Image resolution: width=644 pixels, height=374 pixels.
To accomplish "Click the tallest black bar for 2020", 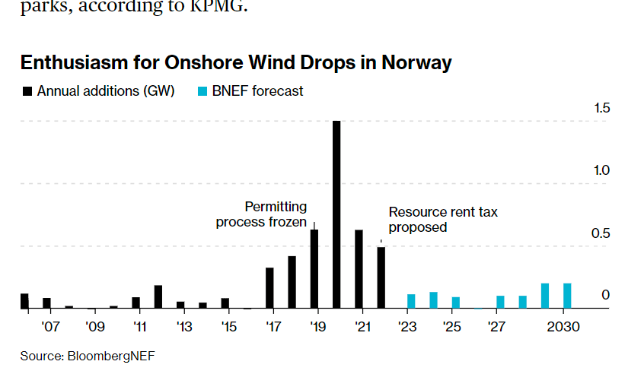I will click(336, 214).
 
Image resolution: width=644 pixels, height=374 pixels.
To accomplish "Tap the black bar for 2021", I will click(359, 269).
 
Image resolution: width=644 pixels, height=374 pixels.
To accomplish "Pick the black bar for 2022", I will click(381, 277).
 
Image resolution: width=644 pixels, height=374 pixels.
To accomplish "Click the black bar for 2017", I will click(269, 288).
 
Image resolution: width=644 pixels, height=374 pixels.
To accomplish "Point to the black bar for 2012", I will click(158, 296).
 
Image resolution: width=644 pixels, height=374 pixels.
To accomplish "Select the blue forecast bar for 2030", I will click(566, 296).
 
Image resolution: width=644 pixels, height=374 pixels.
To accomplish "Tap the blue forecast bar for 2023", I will click(411, 301).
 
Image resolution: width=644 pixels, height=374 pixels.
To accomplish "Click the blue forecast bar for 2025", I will click(455, 303).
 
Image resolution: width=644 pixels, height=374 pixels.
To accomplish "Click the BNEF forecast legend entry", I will click(257, 91).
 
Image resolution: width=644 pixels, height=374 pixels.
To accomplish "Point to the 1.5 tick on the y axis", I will click(601, 108).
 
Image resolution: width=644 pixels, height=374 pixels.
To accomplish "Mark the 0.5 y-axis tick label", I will click(601, 233).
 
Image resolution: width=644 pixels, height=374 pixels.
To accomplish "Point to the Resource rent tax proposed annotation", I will click(442, 220).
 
